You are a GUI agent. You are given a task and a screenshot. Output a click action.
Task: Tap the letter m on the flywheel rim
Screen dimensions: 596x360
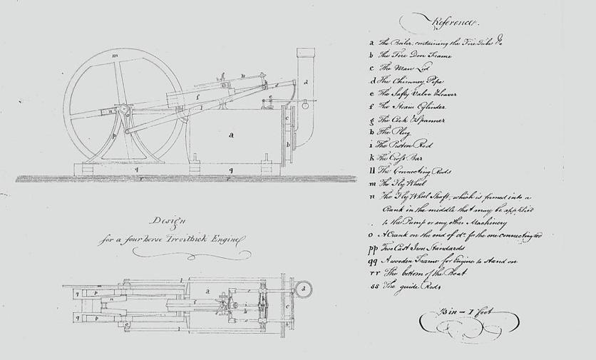[115, 55]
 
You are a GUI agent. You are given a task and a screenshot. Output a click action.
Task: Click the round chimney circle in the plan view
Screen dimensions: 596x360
[306, 289]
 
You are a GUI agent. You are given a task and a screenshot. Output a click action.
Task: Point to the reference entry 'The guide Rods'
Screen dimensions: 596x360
[409, 287]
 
